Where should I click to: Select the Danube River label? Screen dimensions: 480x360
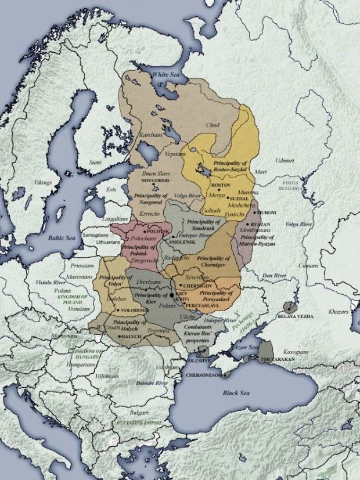[x=153, y=383]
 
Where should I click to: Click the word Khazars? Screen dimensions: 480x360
[x=338, y=312]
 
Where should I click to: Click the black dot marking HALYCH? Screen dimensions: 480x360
[x=119, y=336]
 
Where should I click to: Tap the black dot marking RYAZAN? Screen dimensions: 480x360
[x=247, y=224]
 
